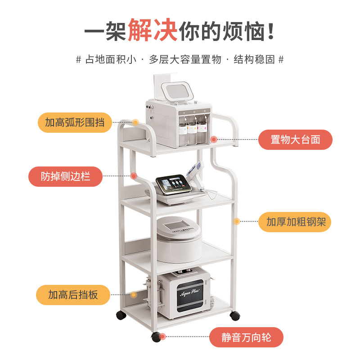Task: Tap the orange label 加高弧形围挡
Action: (75, 122)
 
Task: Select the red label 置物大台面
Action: (295, 139)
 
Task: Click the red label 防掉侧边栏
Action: (66, 176)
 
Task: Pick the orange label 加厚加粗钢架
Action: (295, 222)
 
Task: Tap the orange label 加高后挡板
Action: (73, 295)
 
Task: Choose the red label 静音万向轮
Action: (247, 337)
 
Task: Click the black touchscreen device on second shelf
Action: (175, 186)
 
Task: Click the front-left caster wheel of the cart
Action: (156, 337)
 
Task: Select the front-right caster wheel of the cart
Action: (234, 315)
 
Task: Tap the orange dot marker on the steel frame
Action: (236, 221)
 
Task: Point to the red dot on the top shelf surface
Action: (214, 139)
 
